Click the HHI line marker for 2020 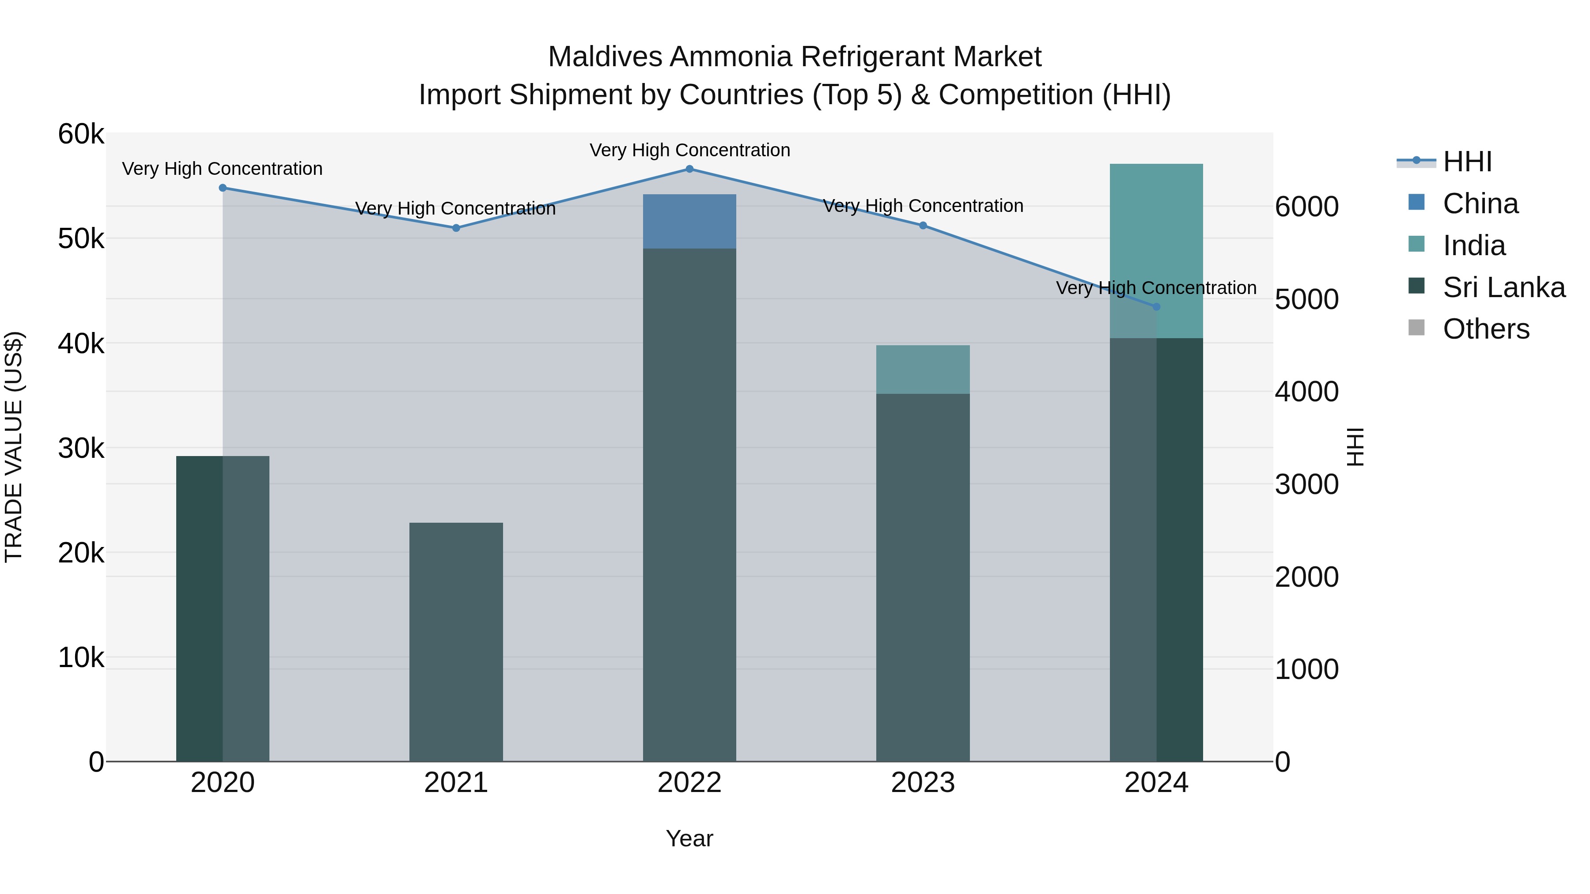(223, 188)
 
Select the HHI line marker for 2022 (689, 169)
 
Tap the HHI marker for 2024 (1156, 307)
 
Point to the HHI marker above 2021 (456, 228)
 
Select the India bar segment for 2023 (923, 370)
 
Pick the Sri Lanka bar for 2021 (456, 641)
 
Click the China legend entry (1480, 204)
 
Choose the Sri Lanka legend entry (1503, 287)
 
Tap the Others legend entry (1486, 329)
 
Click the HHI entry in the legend (1467, 162)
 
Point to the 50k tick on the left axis (81, 239)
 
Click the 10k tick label (81, 658)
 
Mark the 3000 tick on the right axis (1307, 484)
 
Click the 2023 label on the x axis (923, 783)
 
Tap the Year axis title (689, 838)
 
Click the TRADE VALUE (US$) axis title (14, 447)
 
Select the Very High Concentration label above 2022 (689, 150)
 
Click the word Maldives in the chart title (605, 57)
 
